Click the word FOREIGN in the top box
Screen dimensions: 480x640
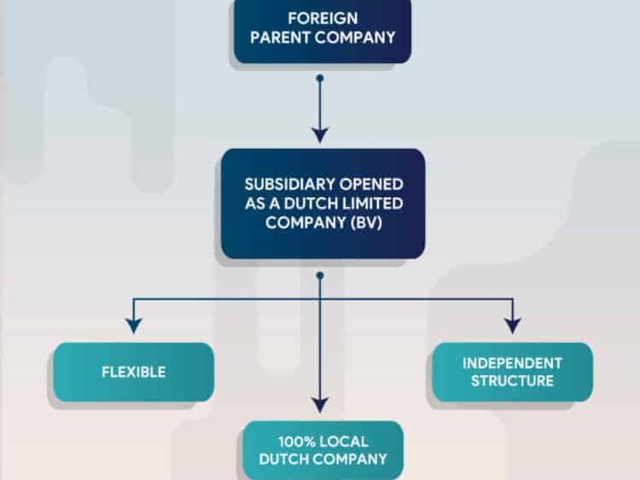point(323,18)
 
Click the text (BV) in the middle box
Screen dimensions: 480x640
point(366,223)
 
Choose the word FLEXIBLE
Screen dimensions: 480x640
point(134,372)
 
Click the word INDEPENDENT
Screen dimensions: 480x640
point(512,363)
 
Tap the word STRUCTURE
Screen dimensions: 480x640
point(512,381)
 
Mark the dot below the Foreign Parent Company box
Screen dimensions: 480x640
point(320,78)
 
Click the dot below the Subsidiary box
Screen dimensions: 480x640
point(320,275)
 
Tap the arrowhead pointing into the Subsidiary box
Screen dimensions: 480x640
point(320,134)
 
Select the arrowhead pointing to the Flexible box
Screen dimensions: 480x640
point(133,325)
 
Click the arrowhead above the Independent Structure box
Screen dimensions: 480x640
point(513,325)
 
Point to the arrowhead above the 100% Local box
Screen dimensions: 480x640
point(320,404)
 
